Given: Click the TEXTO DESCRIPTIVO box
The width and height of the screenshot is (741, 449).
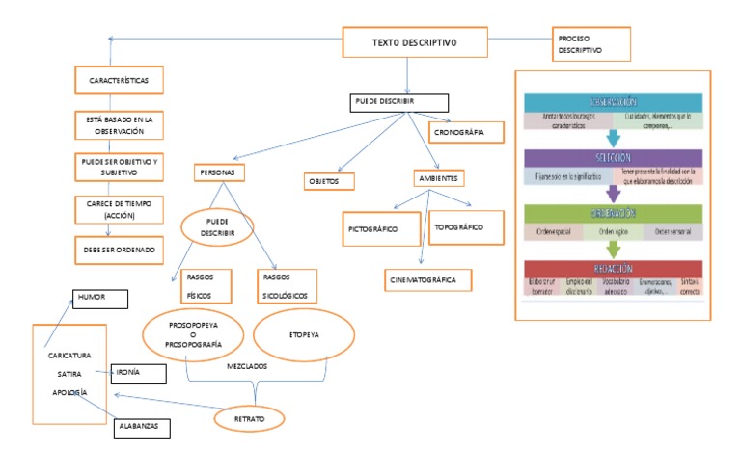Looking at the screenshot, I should point(414,43).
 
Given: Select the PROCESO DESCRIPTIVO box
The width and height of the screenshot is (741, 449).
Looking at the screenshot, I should point(590,43).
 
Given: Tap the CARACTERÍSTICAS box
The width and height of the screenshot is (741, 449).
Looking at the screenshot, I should point(119,78).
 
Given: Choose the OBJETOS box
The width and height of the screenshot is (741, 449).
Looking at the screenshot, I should point(327,180).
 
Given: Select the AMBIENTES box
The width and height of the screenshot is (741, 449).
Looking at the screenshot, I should point(438,179).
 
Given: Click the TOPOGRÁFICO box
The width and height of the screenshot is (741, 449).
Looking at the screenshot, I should point(466,227).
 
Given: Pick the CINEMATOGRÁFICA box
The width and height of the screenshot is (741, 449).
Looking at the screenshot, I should point(429,279).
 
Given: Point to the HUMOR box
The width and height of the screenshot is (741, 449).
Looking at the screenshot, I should point(99,298).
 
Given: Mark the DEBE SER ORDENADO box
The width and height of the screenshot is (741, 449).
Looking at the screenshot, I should point(119,249).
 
